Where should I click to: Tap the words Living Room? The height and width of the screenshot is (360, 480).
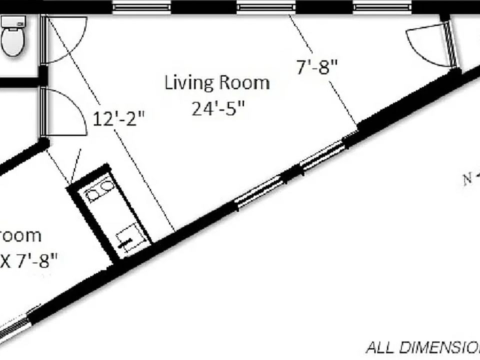217,82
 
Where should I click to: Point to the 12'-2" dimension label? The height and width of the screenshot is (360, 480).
119,120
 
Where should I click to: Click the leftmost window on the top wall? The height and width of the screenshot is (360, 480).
141,7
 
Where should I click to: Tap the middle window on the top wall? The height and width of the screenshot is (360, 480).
266,7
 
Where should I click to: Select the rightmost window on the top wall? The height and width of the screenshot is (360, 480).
382,7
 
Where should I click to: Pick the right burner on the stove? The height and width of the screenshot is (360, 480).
106,186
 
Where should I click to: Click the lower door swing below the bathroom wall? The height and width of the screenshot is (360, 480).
65,112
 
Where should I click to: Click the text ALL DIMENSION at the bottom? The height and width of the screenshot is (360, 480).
422,347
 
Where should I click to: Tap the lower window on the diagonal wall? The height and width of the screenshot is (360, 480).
259,191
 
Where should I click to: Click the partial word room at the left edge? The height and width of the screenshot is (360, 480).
20,235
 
